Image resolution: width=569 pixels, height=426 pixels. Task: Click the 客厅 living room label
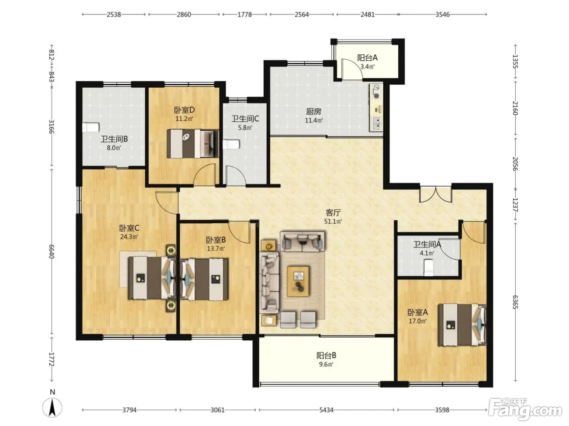coord(333,213)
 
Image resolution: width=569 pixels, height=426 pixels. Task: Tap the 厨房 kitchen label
coord(314,112)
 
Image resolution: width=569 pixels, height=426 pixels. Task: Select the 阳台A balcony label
coord(367,58)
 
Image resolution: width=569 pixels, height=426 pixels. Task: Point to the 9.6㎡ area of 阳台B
coord(326,364)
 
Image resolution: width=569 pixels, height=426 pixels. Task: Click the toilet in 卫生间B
coord(91,127)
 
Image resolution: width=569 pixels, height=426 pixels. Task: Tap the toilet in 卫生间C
coord(231,144)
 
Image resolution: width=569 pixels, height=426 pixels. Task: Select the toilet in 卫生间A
coord(428,268)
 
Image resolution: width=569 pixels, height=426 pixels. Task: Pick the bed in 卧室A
coord(462,325)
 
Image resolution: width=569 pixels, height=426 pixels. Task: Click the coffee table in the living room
coord(298,282)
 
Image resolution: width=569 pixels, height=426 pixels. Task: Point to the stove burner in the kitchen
coord(376,92)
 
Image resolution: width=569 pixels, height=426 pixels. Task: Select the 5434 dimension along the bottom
coord(326,410)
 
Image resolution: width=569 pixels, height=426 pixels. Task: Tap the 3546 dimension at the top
coord(443,15)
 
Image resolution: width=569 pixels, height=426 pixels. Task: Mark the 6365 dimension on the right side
coord(515,302)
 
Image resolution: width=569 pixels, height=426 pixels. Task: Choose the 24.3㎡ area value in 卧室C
coord(129,237)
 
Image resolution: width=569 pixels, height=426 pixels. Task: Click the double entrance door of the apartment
coord(436,194)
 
